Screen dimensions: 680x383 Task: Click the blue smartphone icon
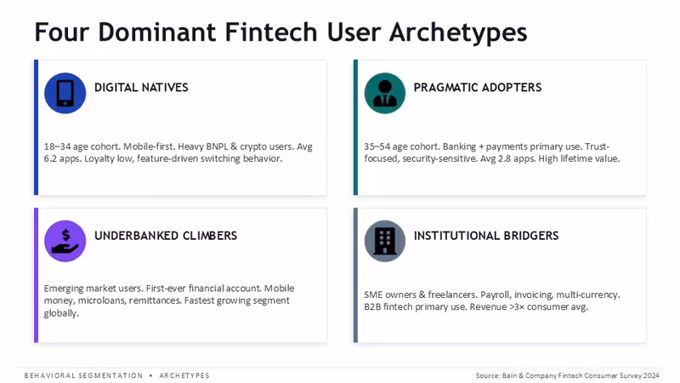[65, 93]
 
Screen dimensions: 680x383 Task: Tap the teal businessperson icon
[385, 93]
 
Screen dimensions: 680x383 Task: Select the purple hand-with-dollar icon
[65, 241]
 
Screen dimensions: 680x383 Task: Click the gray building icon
[385, 241]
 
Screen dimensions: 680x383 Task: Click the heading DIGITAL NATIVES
[141, 88]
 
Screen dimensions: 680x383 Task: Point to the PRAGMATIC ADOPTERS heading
[478, 88]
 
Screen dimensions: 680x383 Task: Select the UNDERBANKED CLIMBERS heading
[166, 236]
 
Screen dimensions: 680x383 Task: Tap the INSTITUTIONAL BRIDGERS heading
[486, 236]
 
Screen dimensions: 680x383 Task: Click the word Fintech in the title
[271, 31]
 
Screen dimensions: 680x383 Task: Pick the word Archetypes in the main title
[458, 32]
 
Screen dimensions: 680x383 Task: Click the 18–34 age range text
[57, 146]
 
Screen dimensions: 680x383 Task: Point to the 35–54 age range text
[377, 146]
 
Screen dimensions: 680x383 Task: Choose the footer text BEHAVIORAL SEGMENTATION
[83, 375]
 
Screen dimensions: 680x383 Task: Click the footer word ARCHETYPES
[184, 375]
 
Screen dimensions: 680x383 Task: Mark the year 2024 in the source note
[651, 375]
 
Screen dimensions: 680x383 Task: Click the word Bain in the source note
[509, 375]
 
